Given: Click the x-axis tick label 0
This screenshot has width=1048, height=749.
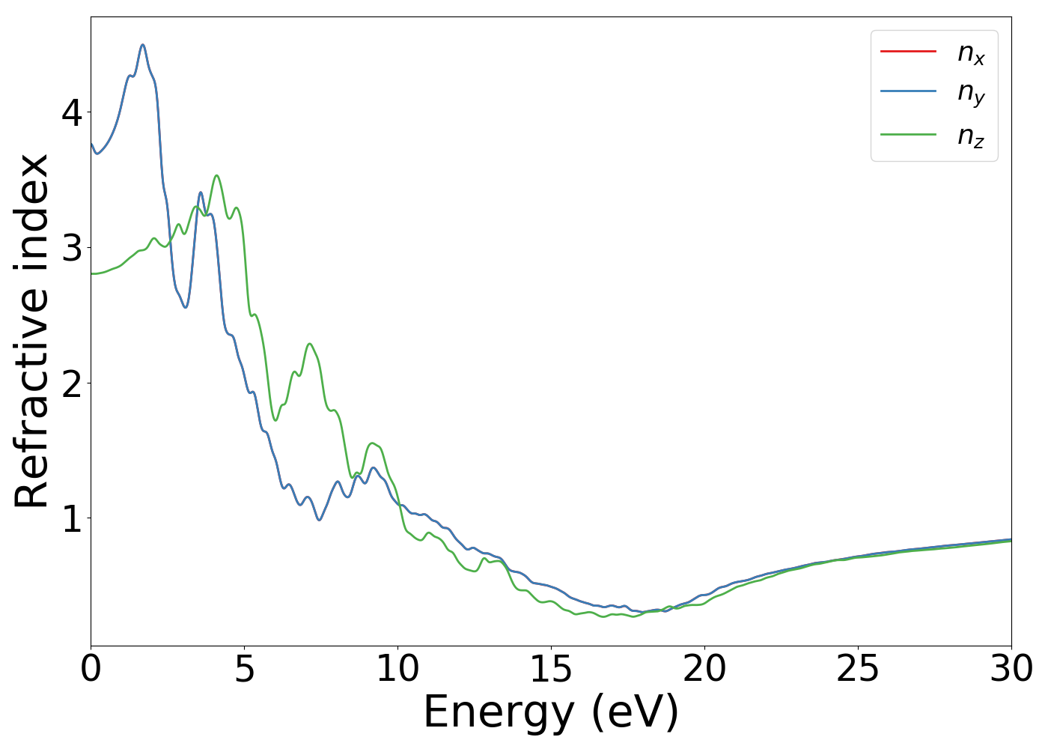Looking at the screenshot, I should (x=91, y=669).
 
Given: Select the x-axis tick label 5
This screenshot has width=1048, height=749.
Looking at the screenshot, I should (x=244, y=669).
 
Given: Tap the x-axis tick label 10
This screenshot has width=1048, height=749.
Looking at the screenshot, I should (x=397, y=669).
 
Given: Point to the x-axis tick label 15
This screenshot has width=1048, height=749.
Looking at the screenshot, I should (x=551, y=669).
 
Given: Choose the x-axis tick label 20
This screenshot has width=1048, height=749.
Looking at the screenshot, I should (x=704, y=669).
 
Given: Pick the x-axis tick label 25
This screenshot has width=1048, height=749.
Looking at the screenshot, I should (x=858, y=669).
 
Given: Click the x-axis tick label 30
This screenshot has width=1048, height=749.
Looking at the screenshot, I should (x=1011, y=669).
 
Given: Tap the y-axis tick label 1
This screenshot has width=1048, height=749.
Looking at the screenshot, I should (x=72, y=518).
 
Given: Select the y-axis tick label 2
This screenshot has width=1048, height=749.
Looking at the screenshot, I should (x=72, y=383).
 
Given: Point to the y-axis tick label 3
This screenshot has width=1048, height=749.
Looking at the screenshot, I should (x=72, y=248).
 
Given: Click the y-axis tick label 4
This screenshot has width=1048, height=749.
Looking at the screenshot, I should (x=72, y=112).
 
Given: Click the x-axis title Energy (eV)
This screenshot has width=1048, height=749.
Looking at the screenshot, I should (x=551, y=712).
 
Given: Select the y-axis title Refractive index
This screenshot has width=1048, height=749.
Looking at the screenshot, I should (x=31, y=330).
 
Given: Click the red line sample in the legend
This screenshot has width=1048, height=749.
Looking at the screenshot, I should (x=908, y=52).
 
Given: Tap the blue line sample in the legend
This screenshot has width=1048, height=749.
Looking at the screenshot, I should (x=908, y=91).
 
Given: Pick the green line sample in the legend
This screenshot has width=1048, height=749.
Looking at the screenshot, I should (x=908, y=134).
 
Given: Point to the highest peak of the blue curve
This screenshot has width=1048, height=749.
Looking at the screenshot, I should (x=142, y=45).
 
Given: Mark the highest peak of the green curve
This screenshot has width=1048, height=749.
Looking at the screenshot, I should (x=216, y=175).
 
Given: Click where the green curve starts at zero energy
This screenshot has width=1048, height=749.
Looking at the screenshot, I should (x=91, y=273).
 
